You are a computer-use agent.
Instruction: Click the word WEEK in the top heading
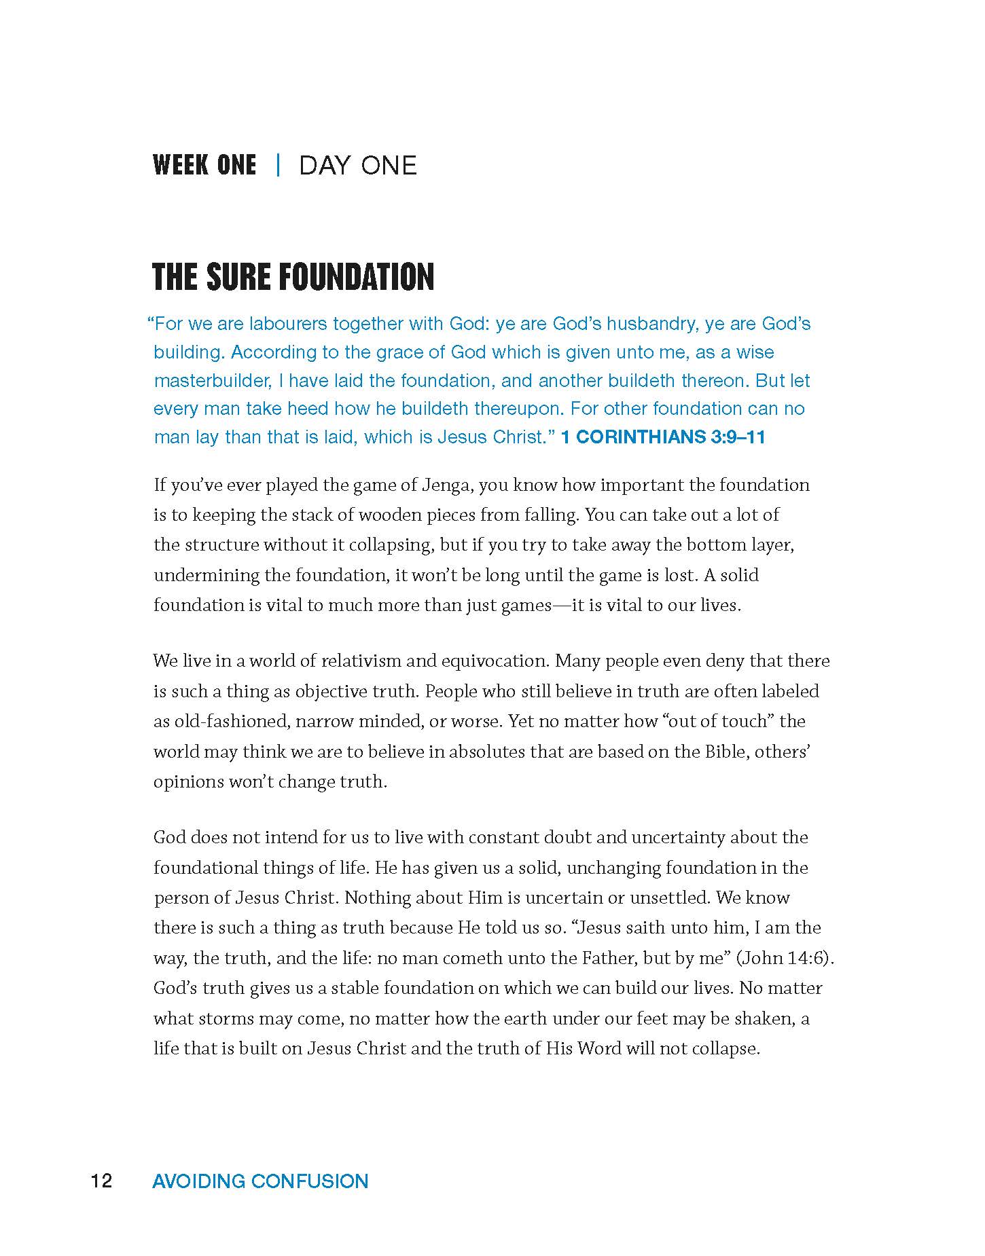point(178,165)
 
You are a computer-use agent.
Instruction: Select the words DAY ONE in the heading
point(357,165)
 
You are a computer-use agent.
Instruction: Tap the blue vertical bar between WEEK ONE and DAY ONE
point(278,165)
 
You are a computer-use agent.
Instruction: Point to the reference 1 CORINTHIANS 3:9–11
point(663,437)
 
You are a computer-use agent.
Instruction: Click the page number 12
point(101,1181)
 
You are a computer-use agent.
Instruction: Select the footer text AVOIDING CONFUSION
point(260,1181)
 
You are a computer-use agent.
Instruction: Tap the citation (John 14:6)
point(785,958)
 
